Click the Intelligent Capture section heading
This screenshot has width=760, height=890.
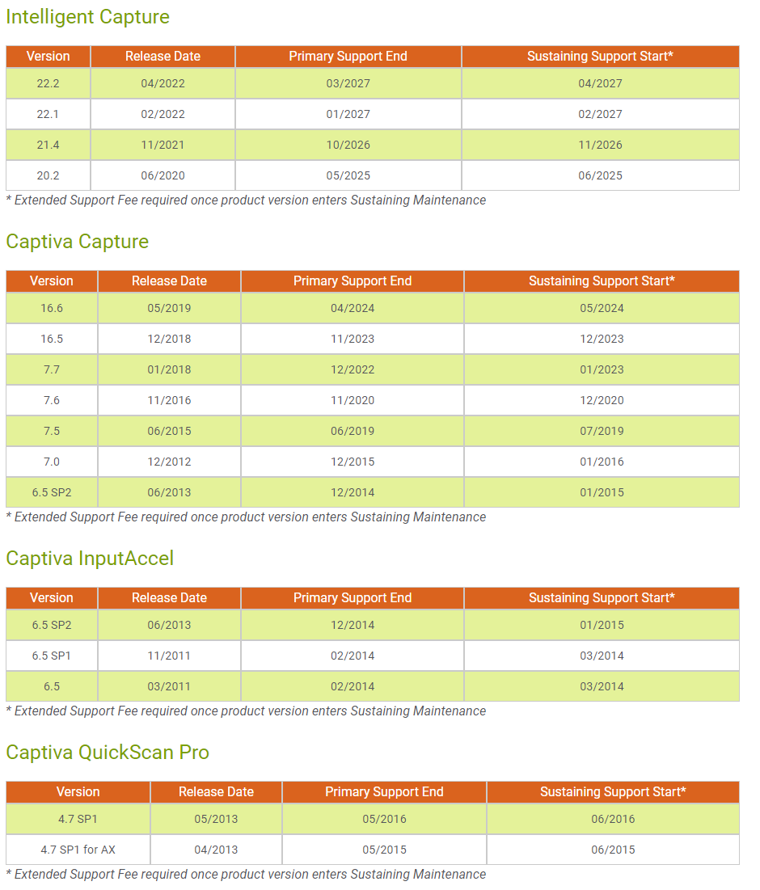click(x=87, y=17)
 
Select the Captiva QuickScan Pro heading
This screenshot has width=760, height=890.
click(x=108, y=753)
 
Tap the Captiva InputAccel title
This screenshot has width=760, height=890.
click(x=90, y=559)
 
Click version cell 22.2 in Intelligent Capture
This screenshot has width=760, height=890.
click(x=48, y=83)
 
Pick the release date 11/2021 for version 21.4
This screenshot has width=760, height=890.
click(x=163, y=145)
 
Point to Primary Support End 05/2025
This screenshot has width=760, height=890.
click(x=348, y=175)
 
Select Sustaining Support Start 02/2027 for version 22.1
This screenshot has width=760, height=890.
click(x=600, y=114)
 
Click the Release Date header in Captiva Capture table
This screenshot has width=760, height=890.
click(x=169, y=281)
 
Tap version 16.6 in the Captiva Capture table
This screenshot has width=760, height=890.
click(x=52, y=308)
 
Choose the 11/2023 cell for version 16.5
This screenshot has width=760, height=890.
click(x=352, y=339)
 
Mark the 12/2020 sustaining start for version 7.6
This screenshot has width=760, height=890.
click(x=602, y=400)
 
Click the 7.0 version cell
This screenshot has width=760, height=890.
click(x=52, y=462)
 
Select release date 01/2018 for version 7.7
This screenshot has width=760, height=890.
click(x=169, y=369)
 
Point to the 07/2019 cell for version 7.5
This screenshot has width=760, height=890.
click(x=602, y=431)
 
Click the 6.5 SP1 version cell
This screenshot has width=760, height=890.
click(x=52, y=656)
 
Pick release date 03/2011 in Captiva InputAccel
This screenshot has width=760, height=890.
click(x=169, y=686)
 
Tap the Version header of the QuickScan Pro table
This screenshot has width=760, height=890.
click(x=78, y=792)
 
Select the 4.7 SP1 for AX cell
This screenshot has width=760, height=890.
click(x=78, y=850)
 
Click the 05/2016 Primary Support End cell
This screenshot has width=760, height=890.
click(x=384, y=819)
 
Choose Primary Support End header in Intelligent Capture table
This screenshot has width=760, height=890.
click(x=348, y=57)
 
